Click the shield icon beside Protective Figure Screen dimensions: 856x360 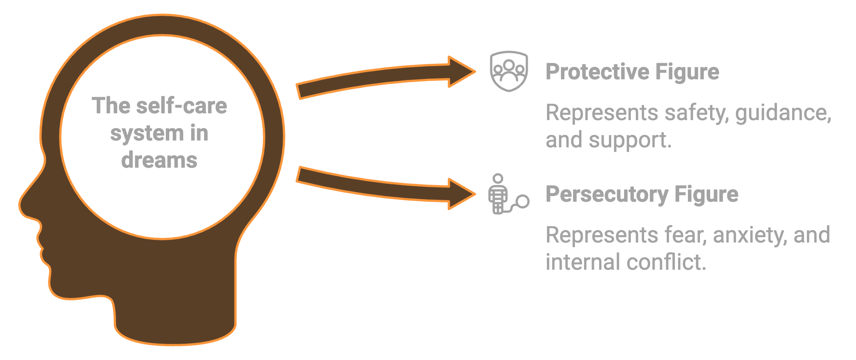509,71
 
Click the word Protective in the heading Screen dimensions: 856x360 597,72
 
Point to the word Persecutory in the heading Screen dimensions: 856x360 607,194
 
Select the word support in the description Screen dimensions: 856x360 629,141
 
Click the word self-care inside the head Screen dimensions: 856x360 181,105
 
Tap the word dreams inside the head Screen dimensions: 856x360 159,160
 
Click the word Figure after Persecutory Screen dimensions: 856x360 706,194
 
